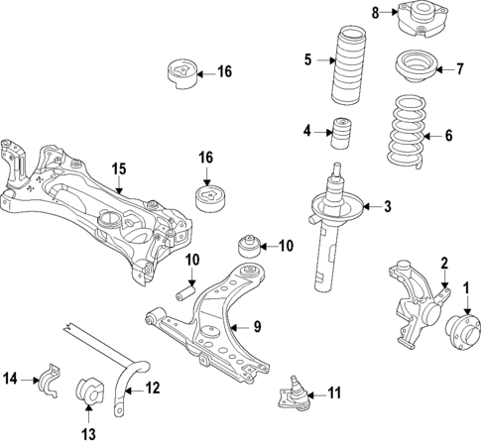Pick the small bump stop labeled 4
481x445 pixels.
pyautogui.click(x=343, y=133)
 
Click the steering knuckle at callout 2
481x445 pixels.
pyautogui.click(x=412, y=302)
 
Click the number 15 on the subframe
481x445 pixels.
pyautogui.click(x=118, y=169)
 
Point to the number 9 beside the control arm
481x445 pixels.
pyautogui.click(x=256, y=326)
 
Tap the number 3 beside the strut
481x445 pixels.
pyautogui.click(x=388, y=207)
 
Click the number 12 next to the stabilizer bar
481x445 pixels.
pyautogui.click(x=152, y=389)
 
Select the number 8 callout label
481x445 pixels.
pyautogui.click(x=376, y=12)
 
